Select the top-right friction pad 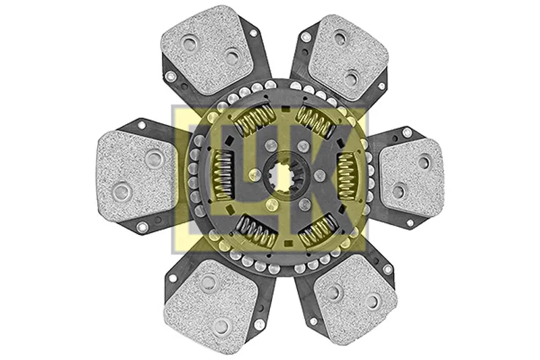pyautogui.click(x=348, y=57)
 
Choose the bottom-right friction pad pyautogui.click(x=355, y=299)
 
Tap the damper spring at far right pyautogui.click(x=346, y=176)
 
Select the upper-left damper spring pyautogui.click(x=254, y=120)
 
